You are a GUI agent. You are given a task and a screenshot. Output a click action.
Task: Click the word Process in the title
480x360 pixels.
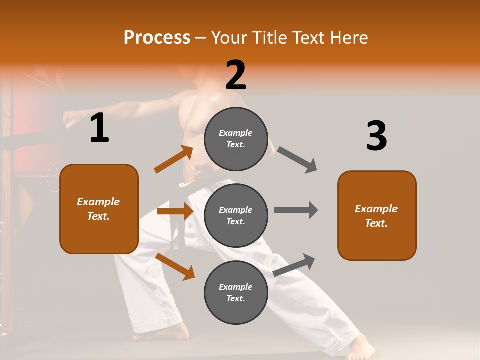point(157,38)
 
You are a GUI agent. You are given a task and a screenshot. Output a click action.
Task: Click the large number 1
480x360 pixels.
point(99,128)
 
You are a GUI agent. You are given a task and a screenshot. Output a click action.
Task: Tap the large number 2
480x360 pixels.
point(236,75)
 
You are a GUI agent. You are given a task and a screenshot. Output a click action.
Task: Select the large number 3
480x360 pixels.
point(376,136)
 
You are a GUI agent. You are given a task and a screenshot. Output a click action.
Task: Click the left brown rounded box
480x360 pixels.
point(99,209)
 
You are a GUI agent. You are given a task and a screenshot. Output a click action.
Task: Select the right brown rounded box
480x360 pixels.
point(377,215)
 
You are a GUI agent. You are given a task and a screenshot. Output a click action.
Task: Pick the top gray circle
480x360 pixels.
point(236,138)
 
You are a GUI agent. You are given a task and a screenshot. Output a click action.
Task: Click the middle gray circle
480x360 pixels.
point(236,215)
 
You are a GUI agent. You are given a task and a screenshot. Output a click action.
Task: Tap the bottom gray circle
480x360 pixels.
point(236,292)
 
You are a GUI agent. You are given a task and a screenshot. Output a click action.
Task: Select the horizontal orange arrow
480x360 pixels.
point(175,211)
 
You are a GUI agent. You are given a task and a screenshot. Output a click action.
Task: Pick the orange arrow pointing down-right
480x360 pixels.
point(175,266)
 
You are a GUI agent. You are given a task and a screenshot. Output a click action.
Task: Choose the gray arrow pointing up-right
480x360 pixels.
point(294,265)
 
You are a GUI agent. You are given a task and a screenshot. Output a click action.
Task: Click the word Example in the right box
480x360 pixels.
point(376,209)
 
